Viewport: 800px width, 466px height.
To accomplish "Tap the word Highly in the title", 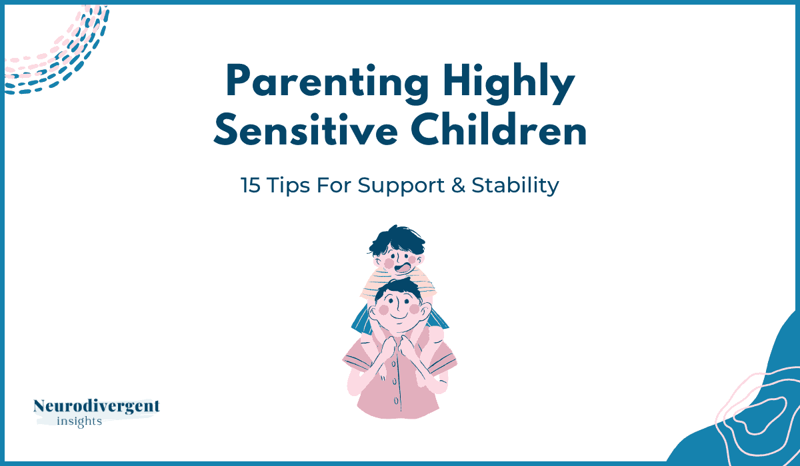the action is pos(509,83).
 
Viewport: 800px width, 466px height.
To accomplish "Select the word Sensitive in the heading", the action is pos(306,129).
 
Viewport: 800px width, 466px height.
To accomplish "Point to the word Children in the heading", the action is pos(499,128).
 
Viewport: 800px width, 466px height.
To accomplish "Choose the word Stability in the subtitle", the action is pos(515,186).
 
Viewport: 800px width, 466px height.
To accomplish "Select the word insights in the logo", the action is pos(79,421).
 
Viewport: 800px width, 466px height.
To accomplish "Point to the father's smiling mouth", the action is pos(399,316).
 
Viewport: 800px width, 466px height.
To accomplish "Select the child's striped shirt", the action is pos(397,284).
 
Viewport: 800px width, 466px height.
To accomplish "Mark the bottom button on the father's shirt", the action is pos(396,401).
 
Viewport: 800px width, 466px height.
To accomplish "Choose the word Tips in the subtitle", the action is pos(288,186).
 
